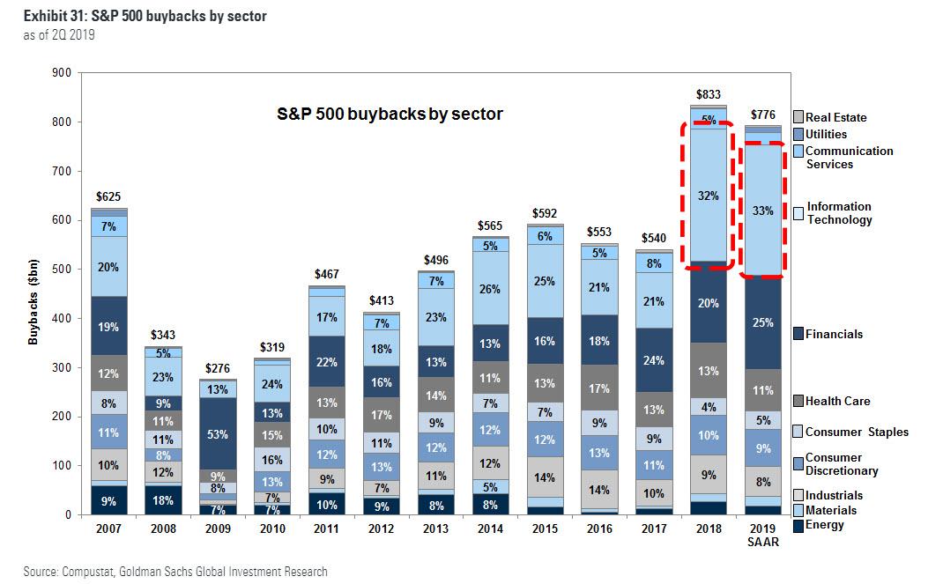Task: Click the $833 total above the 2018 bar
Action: pos(709,93)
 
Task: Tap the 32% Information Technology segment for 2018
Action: pos(709,196)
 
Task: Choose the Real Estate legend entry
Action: pos(835,117)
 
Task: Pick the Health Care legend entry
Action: pos(837,401)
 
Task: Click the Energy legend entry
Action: pos(824,525)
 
